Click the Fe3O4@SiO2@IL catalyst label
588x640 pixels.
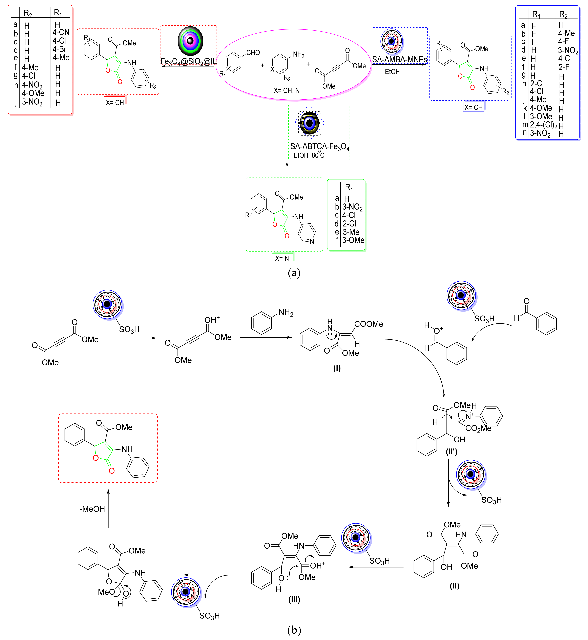[188, 61]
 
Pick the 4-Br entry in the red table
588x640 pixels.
[60, 49]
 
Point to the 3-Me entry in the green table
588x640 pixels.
[351, 232]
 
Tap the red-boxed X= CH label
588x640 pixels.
[114, 102]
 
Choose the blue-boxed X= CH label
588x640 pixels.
[474, 107]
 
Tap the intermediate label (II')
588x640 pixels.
[451, 452]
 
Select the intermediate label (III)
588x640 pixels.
[294, 600]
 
